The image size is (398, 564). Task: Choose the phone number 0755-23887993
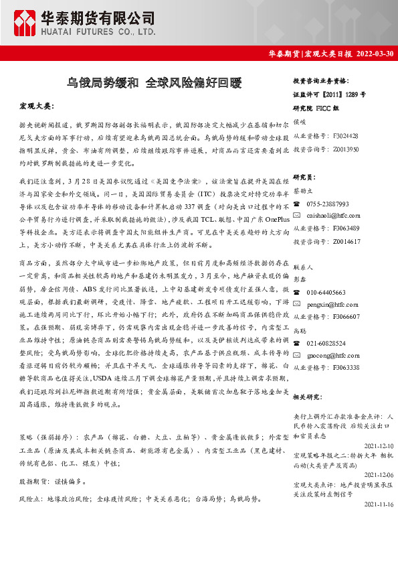pos(328,204)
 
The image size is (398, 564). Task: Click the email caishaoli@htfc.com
pos(333,216)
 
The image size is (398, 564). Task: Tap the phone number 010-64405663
pos(326,292)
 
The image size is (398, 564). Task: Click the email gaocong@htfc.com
pos(333,355)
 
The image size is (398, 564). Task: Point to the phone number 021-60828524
pos(326,343)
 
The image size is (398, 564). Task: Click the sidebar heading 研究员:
pos(304,178)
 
